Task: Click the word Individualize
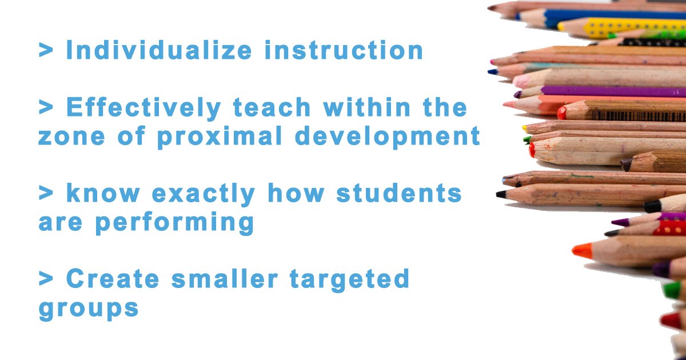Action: click(158, 50)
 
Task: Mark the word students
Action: click(398, 193)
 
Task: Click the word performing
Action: click(174, 223)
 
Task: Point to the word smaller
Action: click(232, 279)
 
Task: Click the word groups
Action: click(89, 309)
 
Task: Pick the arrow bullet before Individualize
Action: click(45, 50)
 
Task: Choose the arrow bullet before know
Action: click(45, 193)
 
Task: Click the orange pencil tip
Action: click(582, 250)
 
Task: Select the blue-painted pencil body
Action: click(617, 15)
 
